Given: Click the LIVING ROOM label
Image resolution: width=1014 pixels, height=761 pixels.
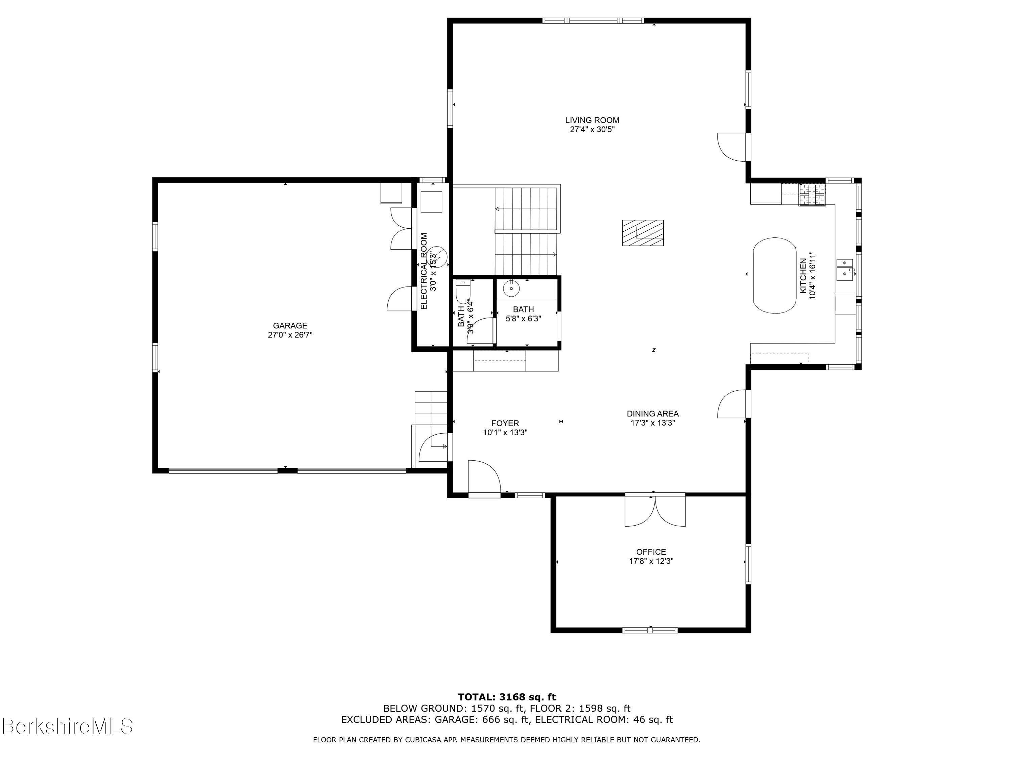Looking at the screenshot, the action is click(592, 120).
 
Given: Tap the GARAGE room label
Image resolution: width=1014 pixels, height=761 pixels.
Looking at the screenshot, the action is click(290, 326).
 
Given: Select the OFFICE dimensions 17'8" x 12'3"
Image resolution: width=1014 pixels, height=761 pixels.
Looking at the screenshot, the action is click(651, 561).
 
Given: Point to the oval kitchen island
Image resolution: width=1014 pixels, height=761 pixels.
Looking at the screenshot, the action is click(775, 275).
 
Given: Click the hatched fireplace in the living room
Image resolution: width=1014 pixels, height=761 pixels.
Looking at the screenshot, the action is click(643, 233).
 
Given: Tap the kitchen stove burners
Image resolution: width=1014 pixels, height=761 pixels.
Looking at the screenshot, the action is click(812, 194).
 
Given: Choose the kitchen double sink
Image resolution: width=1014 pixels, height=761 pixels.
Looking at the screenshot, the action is click(844, 269).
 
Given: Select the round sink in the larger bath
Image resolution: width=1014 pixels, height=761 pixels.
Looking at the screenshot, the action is click(511, 289).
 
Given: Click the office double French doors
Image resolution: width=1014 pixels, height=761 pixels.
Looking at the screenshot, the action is click(655, 510).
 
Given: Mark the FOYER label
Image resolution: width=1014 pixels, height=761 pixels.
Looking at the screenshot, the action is click(505, 423).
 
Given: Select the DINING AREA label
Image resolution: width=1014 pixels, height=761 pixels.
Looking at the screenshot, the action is click(653, 414).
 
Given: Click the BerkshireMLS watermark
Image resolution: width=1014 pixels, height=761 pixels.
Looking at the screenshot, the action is click(67, 726).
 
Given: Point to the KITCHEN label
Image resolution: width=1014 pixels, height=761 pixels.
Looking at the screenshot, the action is click(803, 276).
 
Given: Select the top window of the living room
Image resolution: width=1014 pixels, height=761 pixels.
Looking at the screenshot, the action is click(593, 21).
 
